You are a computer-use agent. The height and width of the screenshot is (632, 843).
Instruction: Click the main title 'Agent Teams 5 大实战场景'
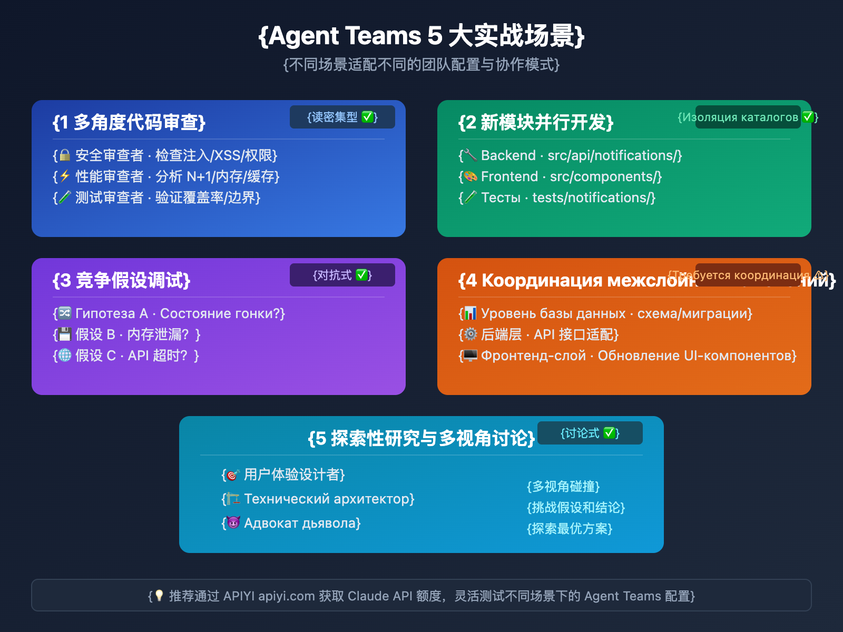(421, 36)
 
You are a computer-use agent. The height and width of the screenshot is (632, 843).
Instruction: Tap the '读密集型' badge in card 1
(342, 117)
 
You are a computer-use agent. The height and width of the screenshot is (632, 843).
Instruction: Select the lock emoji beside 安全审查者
(65, 155)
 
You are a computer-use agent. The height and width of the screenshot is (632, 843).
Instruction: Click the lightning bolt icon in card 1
(65, 176)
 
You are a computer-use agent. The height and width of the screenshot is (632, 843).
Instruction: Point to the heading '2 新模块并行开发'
(536, 122)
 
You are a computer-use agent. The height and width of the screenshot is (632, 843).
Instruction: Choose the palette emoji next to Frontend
(470, 176)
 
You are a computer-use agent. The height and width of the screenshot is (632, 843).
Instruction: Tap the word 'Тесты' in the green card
(501, 197)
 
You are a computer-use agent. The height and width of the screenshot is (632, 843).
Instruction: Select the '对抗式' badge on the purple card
(342, 275)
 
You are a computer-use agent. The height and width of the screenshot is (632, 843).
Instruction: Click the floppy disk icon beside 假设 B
(65, 334)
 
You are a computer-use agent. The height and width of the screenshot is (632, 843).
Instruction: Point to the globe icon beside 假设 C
(65, 355)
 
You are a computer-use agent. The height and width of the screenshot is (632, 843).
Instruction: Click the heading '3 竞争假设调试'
(121, 280)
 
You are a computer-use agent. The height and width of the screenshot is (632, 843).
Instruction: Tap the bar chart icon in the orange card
(470, 313)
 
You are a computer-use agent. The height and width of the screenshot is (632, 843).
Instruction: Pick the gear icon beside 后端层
(470, 334)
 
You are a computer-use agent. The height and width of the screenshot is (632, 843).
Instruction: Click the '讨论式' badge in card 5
(590, 433)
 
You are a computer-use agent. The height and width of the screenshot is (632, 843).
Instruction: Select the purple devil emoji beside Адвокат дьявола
(233, 523)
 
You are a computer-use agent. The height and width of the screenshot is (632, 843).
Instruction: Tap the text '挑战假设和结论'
(576, 507)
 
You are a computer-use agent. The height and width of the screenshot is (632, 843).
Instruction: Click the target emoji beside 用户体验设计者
(233, 475)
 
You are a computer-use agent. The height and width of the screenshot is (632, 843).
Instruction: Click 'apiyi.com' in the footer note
(287, 596)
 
